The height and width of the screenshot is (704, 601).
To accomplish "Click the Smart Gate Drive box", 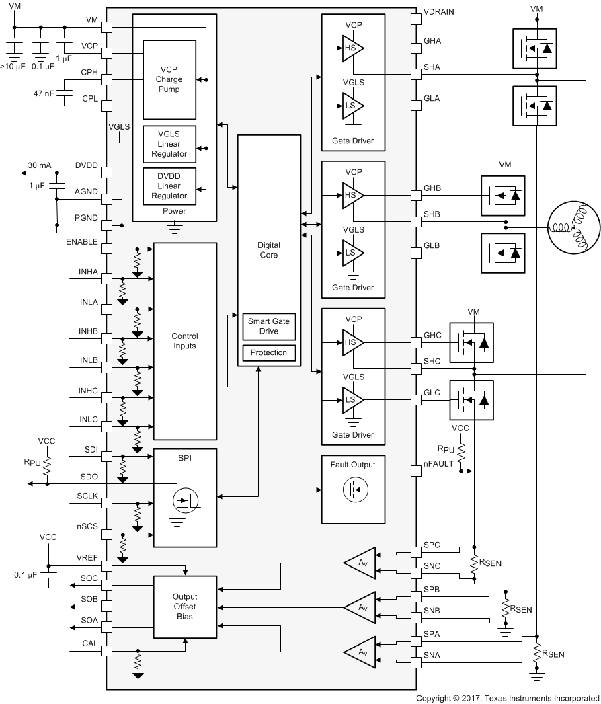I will click(x=269, y=326).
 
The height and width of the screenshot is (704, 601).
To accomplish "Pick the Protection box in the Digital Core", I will click(x=269, y=352).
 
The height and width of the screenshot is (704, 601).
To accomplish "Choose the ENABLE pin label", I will click(x=83, y=241).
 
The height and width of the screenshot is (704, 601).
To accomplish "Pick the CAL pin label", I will click(x=90, y=643).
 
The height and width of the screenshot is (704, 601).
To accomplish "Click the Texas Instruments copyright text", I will click(x=508, y=698).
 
